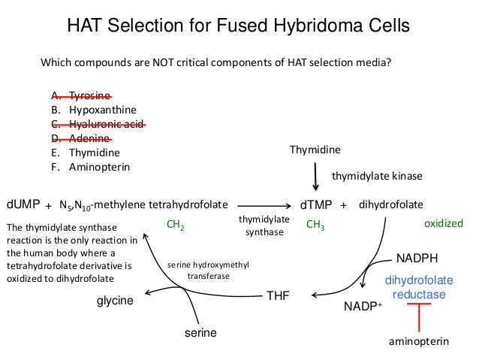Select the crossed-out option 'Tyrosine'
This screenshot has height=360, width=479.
(89, 96)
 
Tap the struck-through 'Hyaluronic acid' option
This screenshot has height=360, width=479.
(106, 124)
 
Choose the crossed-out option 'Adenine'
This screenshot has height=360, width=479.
(89, 138)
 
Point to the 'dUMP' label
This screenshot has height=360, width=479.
(23, 204)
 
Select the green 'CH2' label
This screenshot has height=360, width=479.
(174, 224)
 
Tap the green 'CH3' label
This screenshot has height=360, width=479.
(315, 224)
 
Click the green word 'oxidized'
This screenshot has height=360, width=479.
(444, 224)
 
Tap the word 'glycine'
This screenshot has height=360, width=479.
(114, 301)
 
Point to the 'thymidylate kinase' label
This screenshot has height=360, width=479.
(378, 176)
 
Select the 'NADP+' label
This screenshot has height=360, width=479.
(363, 307)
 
